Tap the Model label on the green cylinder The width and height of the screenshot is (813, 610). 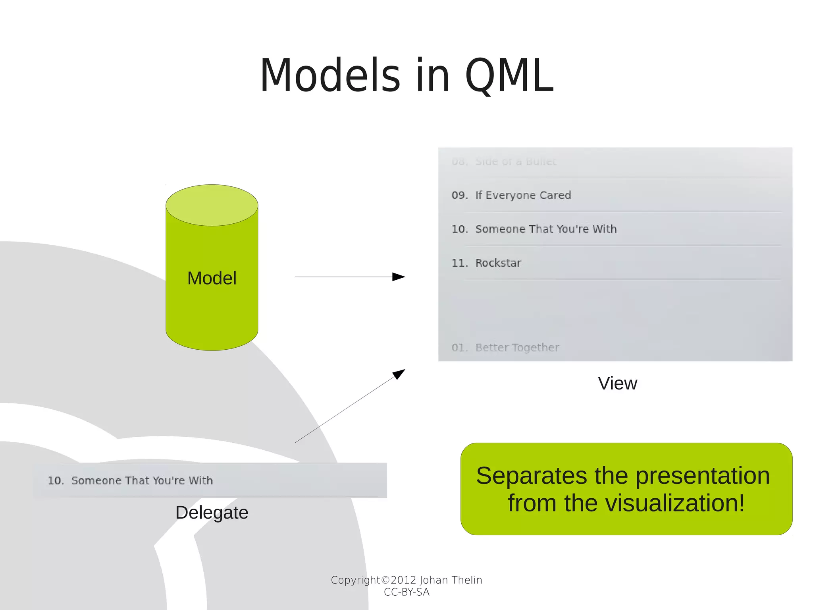click(212, 278)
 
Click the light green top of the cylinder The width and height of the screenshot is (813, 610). click(212, 205)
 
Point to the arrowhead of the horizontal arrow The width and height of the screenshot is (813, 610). click(399, 277)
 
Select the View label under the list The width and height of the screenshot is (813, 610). click(617, 383)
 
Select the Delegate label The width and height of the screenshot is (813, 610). click(212, 513)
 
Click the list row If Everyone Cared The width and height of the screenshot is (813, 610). click(523, 195)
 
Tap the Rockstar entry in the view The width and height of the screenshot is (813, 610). click(498, 263)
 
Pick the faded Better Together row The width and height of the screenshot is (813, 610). click(517, 348)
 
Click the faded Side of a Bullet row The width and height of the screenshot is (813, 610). click(516, 161)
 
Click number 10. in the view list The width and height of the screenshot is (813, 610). click(460, 229)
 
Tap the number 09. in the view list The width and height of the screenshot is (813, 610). click(460, 195)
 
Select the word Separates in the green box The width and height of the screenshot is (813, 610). click(531, 476)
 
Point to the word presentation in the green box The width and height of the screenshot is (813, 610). click(703, 476)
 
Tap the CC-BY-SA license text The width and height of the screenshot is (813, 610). click(406, 592)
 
